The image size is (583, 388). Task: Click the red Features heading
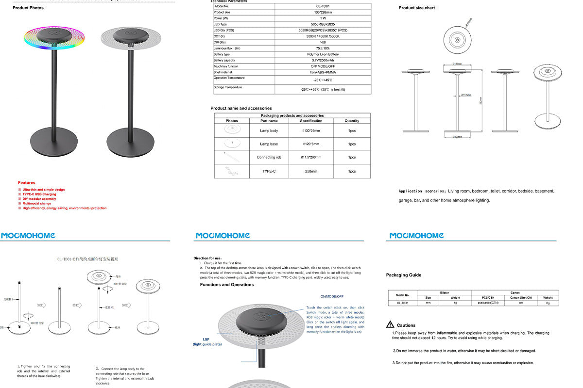click(x=27, y=183)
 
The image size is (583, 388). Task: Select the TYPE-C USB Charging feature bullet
click(x=39, y=194)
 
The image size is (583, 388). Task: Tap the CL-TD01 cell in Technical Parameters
click(x=323, y=6)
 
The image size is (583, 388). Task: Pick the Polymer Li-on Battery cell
click(x=323, y=54)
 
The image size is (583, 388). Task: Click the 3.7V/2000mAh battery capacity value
click(x=323, y=60)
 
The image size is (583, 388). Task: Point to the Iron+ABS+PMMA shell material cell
click(x=323, y=72)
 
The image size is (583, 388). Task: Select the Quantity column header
click(x=352, y=121)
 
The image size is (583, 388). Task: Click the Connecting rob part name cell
click(x=269, y=157)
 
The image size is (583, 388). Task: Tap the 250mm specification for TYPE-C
click(x=311, y=171)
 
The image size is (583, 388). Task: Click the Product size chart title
click(x=417, y=8)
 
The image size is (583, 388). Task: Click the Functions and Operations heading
click(x=226, y=285)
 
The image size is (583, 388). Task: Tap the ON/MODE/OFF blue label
click(x=332, y=296)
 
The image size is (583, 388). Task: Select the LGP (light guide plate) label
click(x=207, y=342)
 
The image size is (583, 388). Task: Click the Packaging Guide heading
click(x=403, y=275)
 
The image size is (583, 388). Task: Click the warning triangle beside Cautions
click(x=390, y=324)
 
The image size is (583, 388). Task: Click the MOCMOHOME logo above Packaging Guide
click(x=416, y=236)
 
